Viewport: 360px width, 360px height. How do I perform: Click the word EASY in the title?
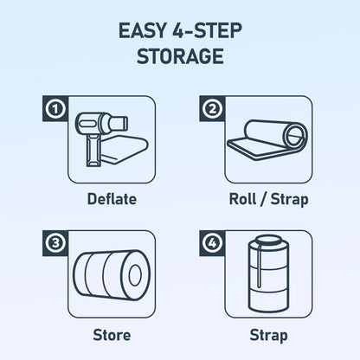pos(143,31)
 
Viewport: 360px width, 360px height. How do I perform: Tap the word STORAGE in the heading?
pos(180,56)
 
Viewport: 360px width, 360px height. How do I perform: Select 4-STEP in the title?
pos(207,31)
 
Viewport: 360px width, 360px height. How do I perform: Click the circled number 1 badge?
pos(55,109)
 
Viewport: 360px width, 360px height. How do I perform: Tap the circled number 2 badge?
pos(212,109)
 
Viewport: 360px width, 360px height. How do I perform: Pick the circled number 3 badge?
pos(55,243)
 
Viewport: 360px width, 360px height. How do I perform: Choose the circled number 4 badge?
pos(212,243)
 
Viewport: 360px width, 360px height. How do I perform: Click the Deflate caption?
pos(112,199)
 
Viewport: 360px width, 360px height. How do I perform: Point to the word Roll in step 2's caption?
pos(242,199)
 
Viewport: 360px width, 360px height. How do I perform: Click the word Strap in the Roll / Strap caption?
pos(290,200)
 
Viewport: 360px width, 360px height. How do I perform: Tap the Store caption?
pos(112,335)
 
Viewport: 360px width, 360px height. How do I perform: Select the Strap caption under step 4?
pos(268,336)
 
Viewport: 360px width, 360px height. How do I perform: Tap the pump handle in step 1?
pos(93,151)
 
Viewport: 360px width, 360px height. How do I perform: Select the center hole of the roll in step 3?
pos(135,275)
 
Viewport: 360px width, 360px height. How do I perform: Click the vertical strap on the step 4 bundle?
pos(259,265)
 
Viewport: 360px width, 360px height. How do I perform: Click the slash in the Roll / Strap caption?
pos(263,200)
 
